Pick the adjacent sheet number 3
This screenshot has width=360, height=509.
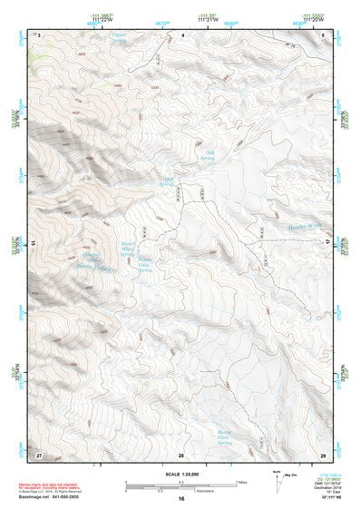pos(39,34)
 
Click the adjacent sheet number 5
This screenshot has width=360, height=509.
pos(325,34)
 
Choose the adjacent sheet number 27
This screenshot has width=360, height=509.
pos(38,454)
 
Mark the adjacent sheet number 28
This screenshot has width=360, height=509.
pos(181,454)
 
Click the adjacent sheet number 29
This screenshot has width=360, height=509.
pos(324,454)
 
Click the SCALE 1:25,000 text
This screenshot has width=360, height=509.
pos(181,475)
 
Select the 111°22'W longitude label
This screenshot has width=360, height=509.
pos(102,21)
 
